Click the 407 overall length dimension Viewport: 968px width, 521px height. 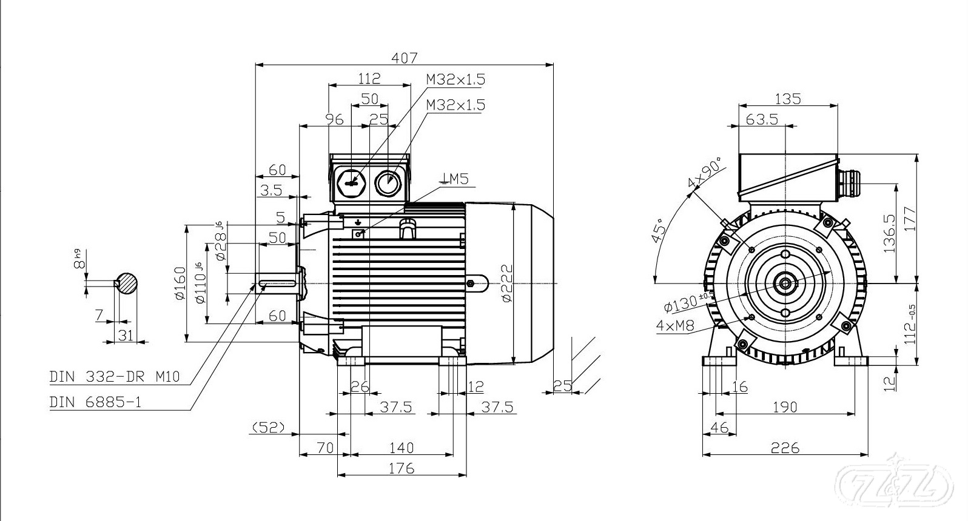pyautogui.click(x=405, y=58)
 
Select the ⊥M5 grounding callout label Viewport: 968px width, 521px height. pyautogui.click(x=455, y=178)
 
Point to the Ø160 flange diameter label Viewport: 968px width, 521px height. pyautogui.click(x=180, y=282)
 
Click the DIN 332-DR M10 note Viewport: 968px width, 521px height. pyautogui.click(x=115, y=376)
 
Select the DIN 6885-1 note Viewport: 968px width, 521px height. pyautogui.click(x=95, y=402)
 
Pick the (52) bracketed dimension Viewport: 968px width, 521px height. pyautogui.click(x=267, y=427)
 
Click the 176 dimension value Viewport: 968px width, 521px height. pyautogui.click(x=401, y=468)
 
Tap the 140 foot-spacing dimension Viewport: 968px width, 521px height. pyautogui.click(x=401, y=447)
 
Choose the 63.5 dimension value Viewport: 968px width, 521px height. pyautogui.click(x=762, y=119)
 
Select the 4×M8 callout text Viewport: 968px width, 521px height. pyautogui.click(x=675, y=325)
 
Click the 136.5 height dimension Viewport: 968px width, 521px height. pyautogui.click(x=890, y=233)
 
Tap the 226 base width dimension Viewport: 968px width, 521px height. pyautogui.click(x=785, y=448)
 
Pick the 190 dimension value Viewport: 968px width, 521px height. pyautogui.click(x=785, y=407)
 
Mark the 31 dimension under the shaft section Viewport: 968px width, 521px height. pyautogui.click(x=126, y=334)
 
